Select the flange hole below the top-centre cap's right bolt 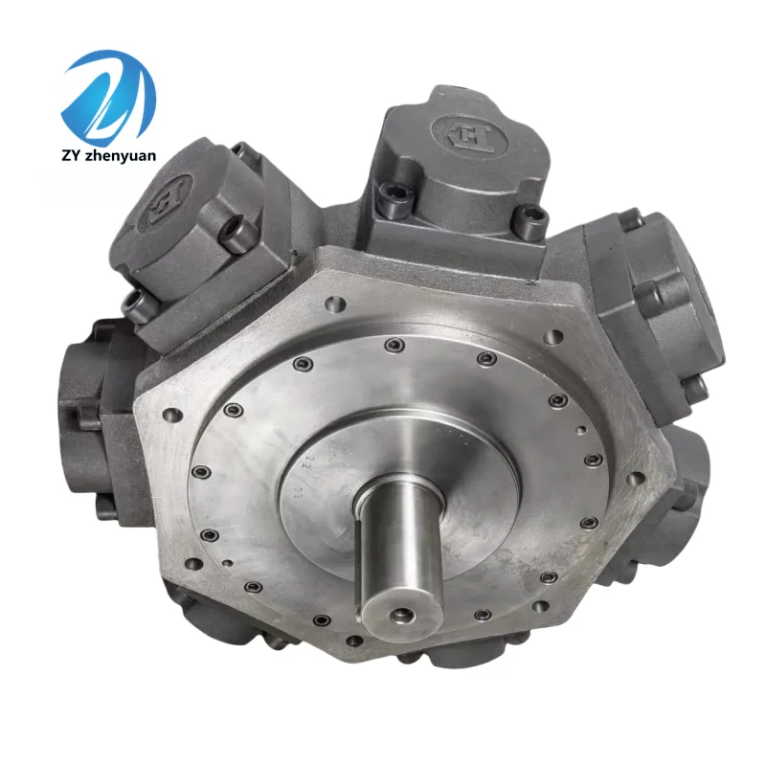pyautogui.click(x=553, y=338)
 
